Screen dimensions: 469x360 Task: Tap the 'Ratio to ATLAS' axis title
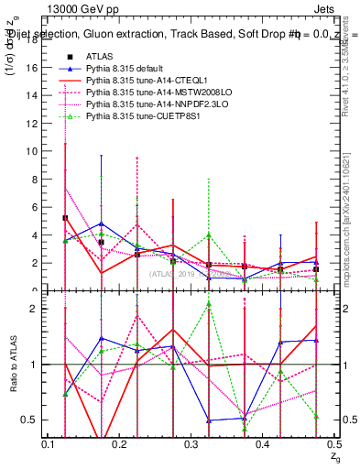pos(12,365)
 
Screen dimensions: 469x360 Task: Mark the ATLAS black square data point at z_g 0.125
pos(65,218)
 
